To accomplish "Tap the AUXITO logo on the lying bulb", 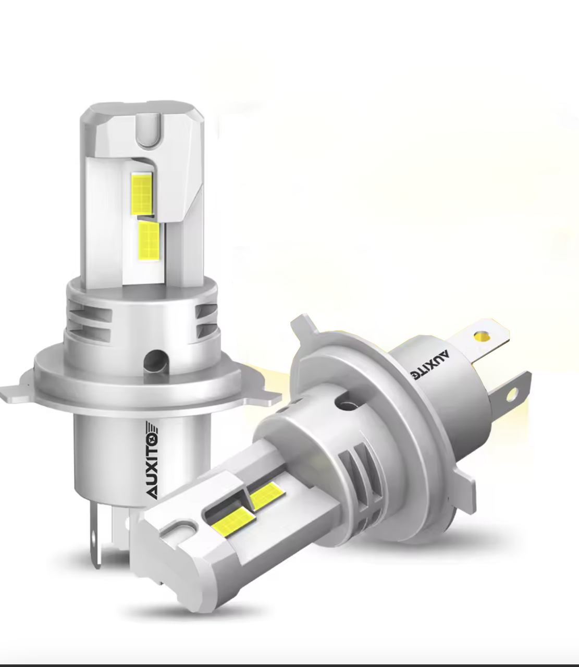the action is pos(429,366).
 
